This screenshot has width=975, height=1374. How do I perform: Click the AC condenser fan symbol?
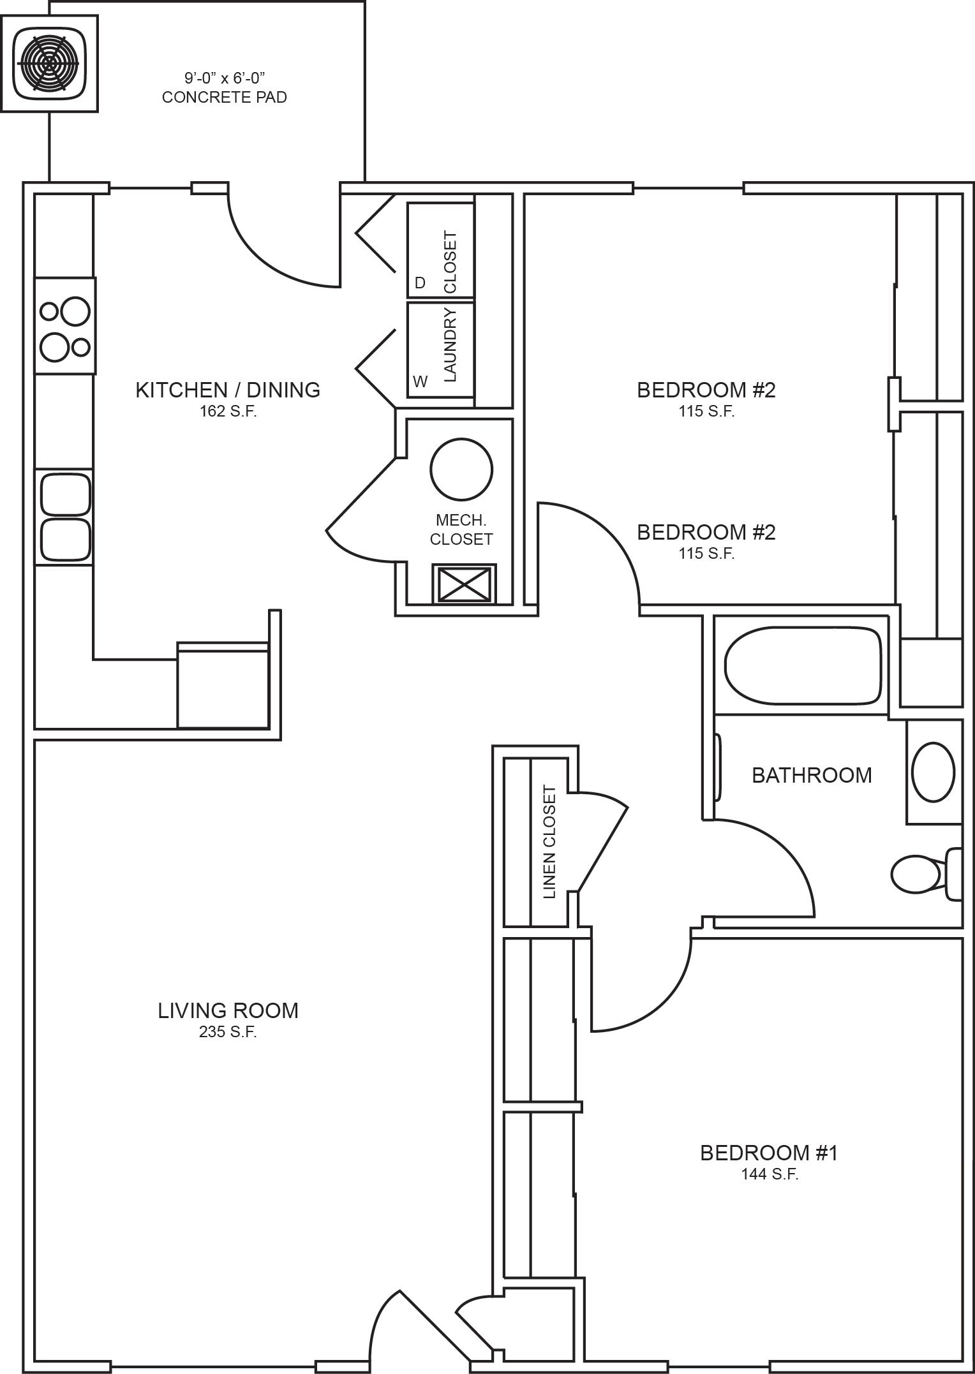point(50,64)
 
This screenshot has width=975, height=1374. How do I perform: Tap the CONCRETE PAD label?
point(224,98)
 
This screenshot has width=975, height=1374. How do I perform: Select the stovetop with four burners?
point(65,326)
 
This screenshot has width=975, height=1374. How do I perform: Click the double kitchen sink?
point(65,517)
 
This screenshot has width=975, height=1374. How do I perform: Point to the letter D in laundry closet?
point(420,283)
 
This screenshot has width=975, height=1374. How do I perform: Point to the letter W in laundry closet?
point(420,382)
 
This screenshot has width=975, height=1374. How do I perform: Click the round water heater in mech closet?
point(461,469)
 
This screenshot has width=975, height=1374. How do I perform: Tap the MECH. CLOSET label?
point(461,530)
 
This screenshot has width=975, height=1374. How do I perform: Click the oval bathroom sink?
point(934,772)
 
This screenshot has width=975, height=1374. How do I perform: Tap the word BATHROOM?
point(812,775)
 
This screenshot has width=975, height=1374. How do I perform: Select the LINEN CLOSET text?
point(550,842)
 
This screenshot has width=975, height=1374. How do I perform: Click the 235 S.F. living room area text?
point(228,1031)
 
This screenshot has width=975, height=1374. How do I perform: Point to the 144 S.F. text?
point(770,1174)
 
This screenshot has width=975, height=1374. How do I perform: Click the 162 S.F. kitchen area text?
point(228,411)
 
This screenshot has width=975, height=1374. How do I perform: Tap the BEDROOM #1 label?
point(769,1153)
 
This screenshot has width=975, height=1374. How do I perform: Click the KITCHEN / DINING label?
point(228,390)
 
